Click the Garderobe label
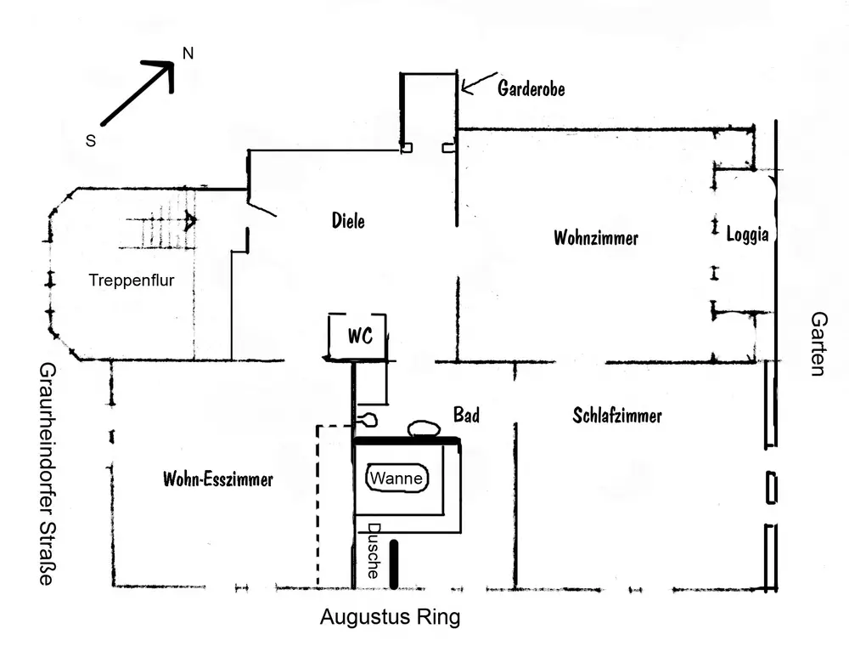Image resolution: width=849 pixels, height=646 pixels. point(531,88)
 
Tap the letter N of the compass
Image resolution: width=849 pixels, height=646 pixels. point(188,54)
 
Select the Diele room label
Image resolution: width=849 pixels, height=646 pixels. point(348,221)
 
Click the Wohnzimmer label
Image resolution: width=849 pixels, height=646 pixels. point(595,238)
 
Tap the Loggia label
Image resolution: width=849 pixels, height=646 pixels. point(747,235)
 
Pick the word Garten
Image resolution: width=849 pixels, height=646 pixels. point(818,343)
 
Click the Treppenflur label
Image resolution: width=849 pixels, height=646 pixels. point(132,280)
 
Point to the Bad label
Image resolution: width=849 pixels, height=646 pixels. point(465,415)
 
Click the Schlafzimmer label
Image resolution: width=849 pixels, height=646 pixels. point(616,416)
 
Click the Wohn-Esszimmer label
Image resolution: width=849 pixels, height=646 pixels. point(217,479)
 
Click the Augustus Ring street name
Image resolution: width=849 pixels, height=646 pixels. point(390,617)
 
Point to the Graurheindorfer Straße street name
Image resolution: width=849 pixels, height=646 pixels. point(46,474)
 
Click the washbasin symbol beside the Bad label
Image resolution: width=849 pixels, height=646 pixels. point(423,428)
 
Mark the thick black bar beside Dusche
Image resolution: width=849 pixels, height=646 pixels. point(394,564)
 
